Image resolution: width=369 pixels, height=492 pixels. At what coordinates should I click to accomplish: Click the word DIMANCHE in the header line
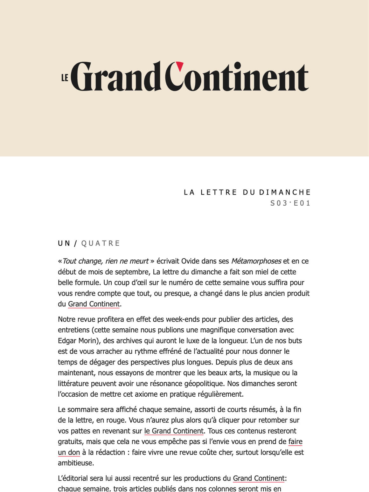285,192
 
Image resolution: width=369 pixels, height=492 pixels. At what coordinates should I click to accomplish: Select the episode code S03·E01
290,203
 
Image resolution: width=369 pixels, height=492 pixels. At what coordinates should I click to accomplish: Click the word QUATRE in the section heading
101,243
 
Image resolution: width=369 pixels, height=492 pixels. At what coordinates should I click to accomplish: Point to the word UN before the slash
64,243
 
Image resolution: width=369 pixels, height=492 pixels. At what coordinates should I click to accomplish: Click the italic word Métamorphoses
256,261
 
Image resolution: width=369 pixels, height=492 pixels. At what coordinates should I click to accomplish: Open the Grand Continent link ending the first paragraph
94,304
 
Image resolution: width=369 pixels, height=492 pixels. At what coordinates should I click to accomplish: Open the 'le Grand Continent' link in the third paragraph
174,431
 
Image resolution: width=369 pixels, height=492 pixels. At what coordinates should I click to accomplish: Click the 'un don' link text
69,452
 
